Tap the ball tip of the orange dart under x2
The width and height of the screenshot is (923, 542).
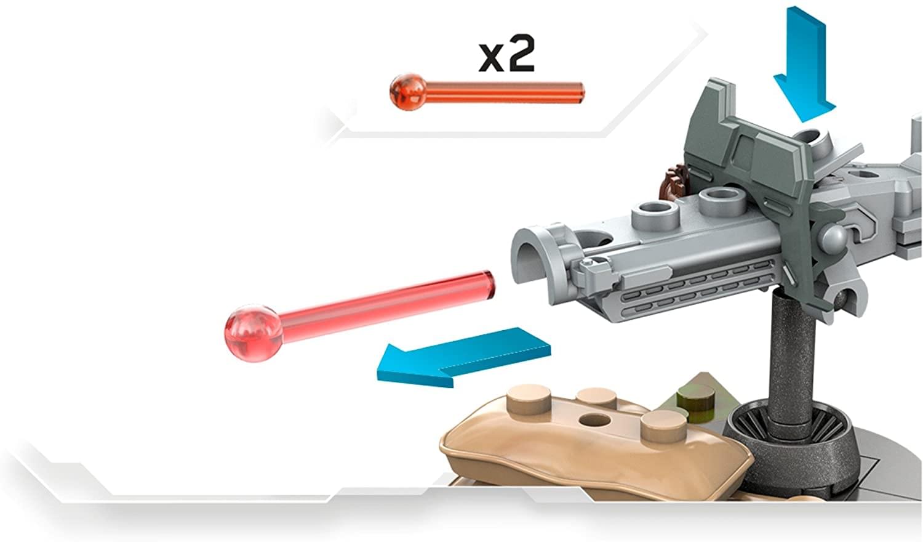click(x=408, y=92)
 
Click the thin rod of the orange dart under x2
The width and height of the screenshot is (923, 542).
click(x=505, y=93)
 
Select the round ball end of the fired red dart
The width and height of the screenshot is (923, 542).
click(x=254, y=333)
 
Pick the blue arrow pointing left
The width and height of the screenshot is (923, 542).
click(x=464, y=357)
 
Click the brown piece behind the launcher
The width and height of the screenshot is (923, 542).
click(x=674, y=184)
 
